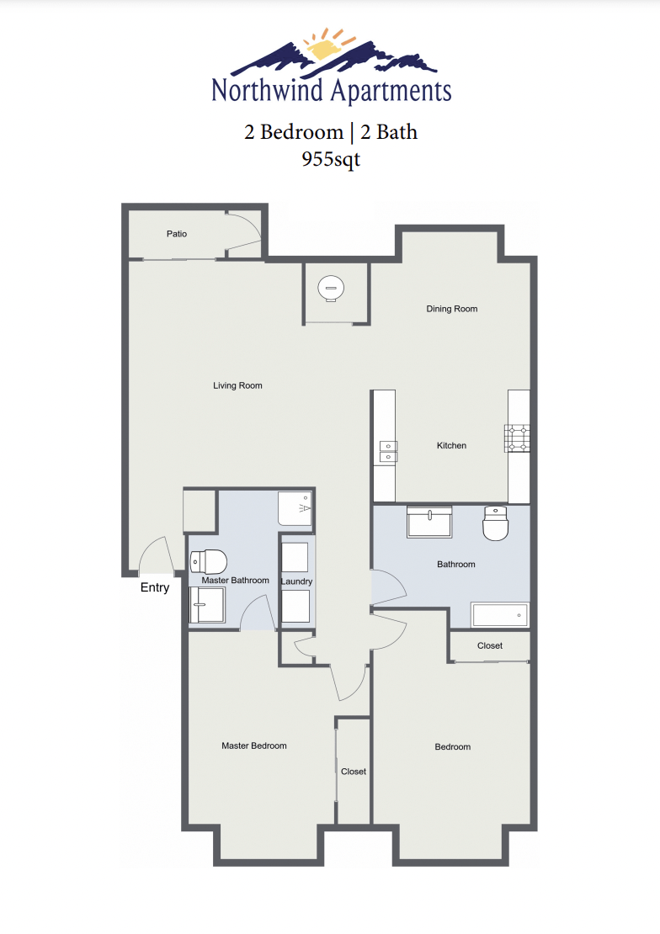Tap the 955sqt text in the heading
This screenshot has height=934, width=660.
[x=331, y=158]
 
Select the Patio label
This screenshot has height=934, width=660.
[x=177, y=234]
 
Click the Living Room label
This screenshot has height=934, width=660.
[x=237, y=385]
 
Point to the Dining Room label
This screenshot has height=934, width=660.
[x=452, y=309]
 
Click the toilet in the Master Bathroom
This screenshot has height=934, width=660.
[x=209, y=561]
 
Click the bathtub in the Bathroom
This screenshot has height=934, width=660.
[x=500, y=615]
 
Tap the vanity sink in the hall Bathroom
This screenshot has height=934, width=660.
[x=429, y=522]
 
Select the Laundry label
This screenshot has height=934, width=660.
[x=296, y=581]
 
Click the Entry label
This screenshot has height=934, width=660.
[x=155, y=587]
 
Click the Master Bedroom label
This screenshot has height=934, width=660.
[x=253, y=746]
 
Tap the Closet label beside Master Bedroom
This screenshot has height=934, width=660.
[x=354, y=772]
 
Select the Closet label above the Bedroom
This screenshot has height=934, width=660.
[x=490, y=645]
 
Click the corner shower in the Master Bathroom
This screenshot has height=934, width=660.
[x=295, y=508]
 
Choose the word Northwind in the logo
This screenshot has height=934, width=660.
[x=267, y=91]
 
